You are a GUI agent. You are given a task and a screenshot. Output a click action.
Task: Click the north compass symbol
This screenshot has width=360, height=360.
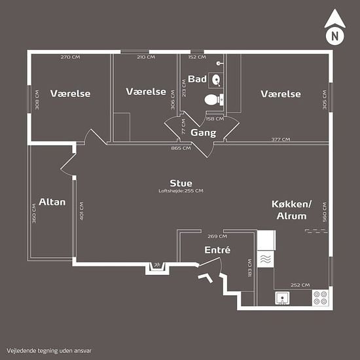click(x=334, y=31)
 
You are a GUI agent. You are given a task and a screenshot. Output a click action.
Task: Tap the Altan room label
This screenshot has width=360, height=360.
click(x=52, y=202)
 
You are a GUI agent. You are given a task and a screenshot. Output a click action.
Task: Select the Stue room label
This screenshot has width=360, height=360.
click(x=181, y=183)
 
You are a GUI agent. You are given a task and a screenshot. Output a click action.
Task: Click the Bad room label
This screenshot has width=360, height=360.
click(x=197, y=79)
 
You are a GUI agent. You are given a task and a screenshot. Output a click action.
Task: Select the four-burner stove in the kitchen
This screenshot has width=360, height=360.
click(x=320, y=298)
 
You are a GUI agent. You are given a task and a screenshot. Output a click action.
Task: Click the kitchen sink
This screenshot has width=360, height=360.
click(x=282, y=298)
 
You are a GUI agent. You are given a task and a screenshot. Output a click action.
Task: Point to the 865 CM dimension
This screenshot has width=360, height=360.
click(x=181, y=148)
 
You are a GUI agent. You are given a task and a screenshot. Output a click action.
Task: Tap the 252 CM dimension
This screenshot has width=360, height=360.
click(x=301, y=285)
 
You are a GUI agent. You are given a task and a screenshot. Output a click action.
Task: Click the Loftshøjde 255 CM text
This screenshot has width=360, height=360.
click(x=181, y=190)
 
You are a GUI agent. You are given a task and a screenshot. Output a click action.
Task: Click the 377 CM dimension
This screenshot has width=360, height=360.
click(x=281, y=139)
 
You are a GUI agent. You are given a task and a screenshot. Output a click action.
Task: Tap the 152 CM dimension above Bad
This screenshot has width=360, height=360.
click(x=197, y=57)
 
